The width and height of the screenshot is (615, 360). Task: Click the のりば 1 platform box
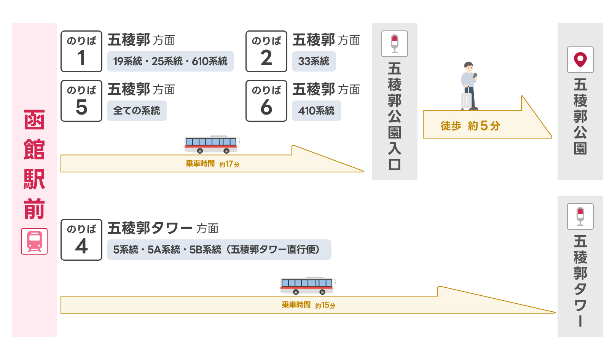point(81,51)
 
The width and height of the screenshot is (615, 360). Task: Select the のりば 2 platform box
point(266,51)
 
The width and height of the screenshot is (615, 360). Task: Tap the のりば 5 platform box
point(81,101)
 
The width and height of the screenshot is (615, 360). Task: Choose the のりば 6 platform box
point(266,101)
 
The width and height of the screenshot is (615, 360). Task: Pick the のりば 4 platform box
point(81,240)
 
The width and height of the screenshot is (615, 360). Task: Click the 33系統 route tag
point(314,61)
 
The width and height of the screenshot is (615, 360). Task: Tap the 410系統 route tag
point(316,111)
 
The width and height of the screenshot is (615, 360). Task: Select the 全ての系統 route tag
point(137,111)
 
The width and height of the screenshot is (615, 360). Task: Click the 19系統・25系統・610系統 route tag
point(170,61)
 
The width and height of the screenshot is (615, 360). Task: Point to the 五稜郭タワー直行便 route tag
point(219,250)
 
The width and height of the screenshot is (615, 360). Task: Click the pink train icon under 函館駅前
point(34,241)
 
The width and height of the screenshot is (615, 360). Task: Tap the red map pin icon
point(580,60)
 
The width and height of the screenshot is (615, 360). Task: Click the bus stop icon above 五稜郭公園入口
point(395,44)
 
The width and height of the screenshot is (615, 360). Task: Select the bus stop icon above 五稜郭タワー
point(580,217)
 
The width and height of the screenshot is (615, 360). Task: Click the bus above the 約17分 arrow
point(212,145)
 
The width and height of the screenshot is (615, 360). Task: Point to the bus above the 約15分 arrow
point(308,285)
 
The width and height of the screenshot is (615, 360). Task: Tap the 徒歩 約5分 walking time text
point(470,126)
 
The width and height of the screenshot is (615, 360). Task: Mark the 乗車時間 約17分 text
point(212,164)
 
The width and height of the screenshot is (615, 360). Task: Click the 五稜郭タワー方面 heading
point(163,228)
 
